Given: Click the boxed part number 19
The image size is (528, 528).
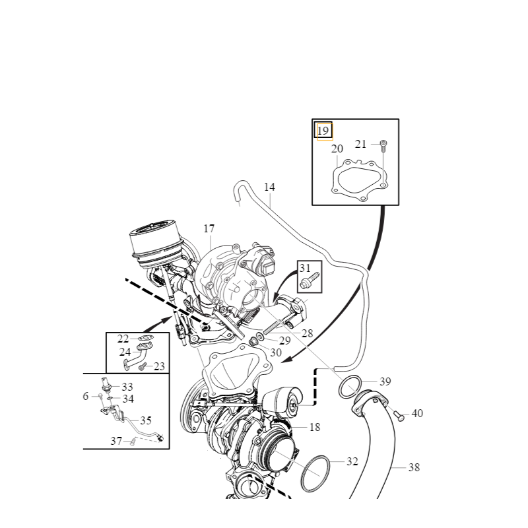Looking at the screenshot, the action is pos(323,131).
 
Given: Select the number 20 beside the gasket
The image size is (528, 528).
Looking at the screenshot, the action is pos(337,149).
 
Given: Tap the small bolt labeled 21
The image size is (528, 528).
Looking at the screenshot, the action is pos(383,146).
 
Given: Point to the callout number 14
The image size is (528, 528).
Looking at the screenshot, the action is pos(269,187).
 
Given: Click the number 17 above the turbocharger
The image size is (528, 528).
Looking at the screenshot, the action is pos(209,228).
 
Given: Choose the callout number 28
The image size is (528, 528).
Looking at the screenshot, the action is pos(307,333).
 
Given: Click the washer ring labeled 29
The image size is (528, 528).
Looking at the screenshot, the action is pos(260,336).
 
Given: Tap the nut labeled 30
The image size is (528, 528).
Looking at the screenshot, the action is pos(253,341).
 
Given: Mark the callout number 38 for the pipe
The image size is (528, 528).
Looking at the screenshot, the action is pos(414,467).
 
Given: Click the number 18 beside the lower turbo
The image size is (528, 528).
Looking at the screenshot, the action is pos(315,427).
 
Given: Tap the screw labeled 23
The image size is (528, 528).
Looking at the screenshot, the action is pos(143,366).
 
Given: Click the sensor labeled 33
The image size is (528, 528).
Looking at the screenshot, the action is pos(106,385).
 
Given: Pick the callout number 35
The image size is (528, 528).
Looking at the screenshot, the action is pos(146,420).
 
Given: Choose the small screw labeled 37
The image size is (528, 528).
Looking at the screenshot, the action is pos(133,441).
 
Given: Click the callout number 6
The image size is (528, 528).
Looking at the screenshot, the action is pos(86,397).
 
